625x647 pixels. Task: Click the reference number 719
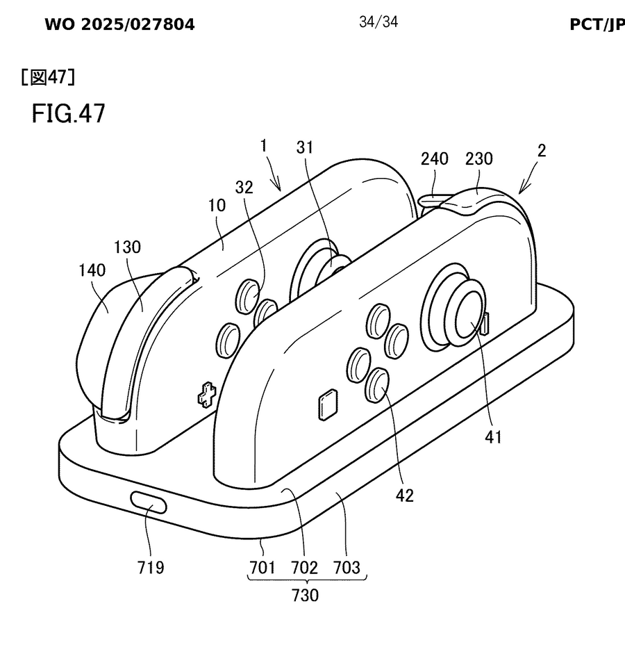pos(151,567)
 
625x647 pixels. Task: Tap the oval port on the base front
pos(149,502)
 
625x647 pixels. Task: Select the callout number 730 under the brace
pos(305,596)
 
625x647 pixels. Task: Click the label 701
pos(263,567)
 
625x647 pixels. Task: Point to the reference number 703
pos(347,567)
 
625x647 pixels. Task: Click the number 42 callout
pos(404,496)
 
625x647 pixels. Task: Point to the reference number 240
pos(434,159)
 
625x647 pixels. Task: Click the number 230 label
pos(478,159)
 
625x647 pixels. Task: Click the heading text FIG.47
pos(68,113)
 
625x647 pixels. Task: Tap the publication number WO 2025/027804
pos(119,26)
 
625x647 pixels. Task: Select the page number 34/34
pos(378,22)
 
